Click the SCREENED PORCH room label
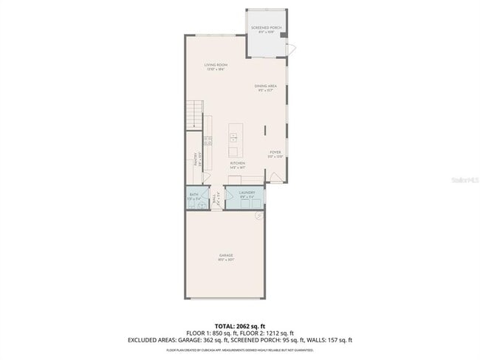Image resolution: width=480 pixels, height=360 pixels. click(266, 28)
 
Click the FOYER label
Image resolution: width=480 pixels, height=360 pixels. click(275, 153)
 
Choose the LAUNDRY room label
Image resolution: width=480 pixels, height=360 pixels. click(246, 193)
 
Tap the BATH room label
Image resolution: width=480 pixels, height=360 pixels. click(193, 195)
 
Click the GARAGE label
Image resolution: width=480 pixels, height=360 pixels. click(226, 257)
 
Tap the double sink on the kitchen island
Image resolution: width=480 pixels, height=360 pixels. click(234, 136)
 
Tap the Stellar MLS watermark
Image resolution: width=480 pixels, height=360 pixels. click(460, 179)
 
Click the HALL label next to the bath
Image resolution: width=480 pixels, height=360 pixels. click(216, 198)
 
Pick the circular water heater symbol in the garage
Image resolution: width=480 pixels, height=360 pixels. click(258, 215)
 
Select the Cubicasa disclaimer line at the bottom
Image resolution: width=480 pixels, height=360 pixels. click(240, 350)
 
